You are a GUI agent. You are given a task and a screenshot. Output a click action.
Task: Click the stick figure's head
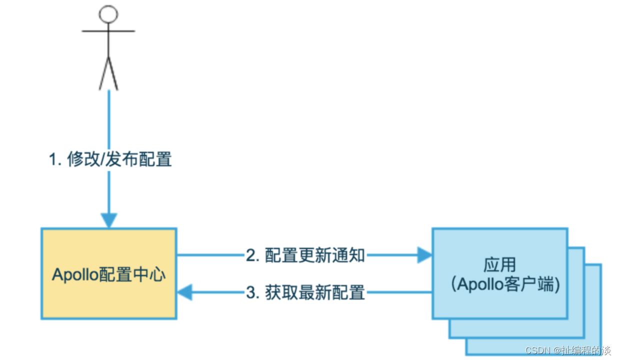tap(108, 13)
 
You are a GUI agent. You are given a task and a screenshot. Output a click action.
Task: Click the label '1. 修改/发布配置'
tap(110, 159)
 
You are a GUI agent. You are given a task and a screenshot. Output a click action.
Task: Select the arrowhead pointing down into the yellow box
tap(108, 220)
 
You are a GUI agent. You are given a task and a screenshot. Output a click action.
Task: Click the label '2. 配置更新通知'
tap(305, 255)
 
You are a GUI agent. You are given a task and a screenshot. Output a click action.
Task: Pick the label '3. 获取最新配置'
tap(305, 292)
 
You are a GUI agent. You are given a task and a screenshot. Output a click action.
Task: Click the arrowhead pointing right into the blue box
tap(424, 255)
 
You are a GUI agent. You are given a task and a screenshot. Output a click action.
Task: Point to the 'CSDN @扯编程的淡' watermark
tap(568, 350)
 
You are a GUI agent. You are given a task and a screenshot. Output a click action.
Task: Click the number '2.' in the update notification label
tap(251, 255)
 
